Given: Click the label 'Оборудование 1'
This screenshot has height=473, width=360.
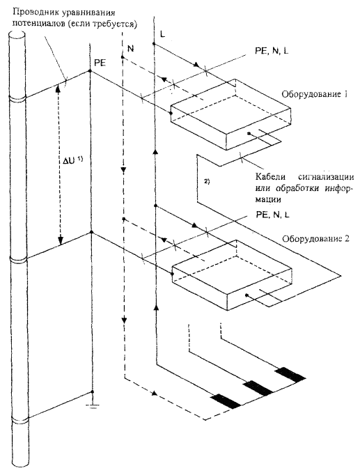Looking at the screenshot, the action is click(x=315, y=94).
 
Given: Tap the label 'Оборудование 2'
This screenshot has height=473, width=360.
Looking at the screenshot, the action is click(x=315, y=239).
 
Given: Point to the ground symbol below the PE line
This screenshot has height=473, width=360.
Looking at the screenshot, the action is click(x=92, y=405).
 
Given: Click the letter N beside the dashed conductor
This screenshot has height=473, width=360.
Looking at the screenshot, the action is click(x=130, y=48).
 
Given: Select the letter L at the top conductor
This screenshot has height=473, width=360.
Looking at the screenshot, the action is click(x=163, y=34).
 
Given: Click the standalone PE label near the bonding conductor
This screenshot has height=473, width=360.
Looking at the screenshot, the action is click(x=100, y=64).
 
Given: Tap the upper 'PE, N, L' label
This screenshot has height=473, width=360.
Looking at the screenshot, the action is click(x=272, y=51).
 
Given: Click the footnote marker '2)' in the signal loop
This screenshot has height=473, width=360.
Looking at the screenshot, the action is click(x=207, y=182).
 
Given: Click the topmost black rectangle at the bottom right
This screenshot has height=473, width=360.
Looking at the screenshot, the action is click(x=290, y=374).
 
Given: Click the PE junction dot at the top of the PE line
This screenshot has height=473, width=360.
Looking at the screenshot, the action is click(x=90, y=71).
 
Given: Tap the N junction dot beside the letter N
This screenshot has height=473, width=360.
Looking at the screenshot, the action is click(x=123, y=57).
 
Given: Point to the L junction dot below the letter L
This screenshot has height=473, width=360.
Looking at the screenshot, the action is click(x=153, y=44).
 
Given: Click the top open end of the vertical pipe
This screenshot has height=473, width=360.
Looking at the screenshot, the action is click(x=18, y=34).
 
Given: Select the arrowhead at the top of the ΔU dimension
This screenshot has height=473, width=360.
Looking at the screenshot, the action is click(x=58, y=88).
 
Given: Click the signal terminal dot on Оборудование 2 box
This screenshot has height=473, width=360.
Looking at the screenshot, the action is click(x=246, y=295).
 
